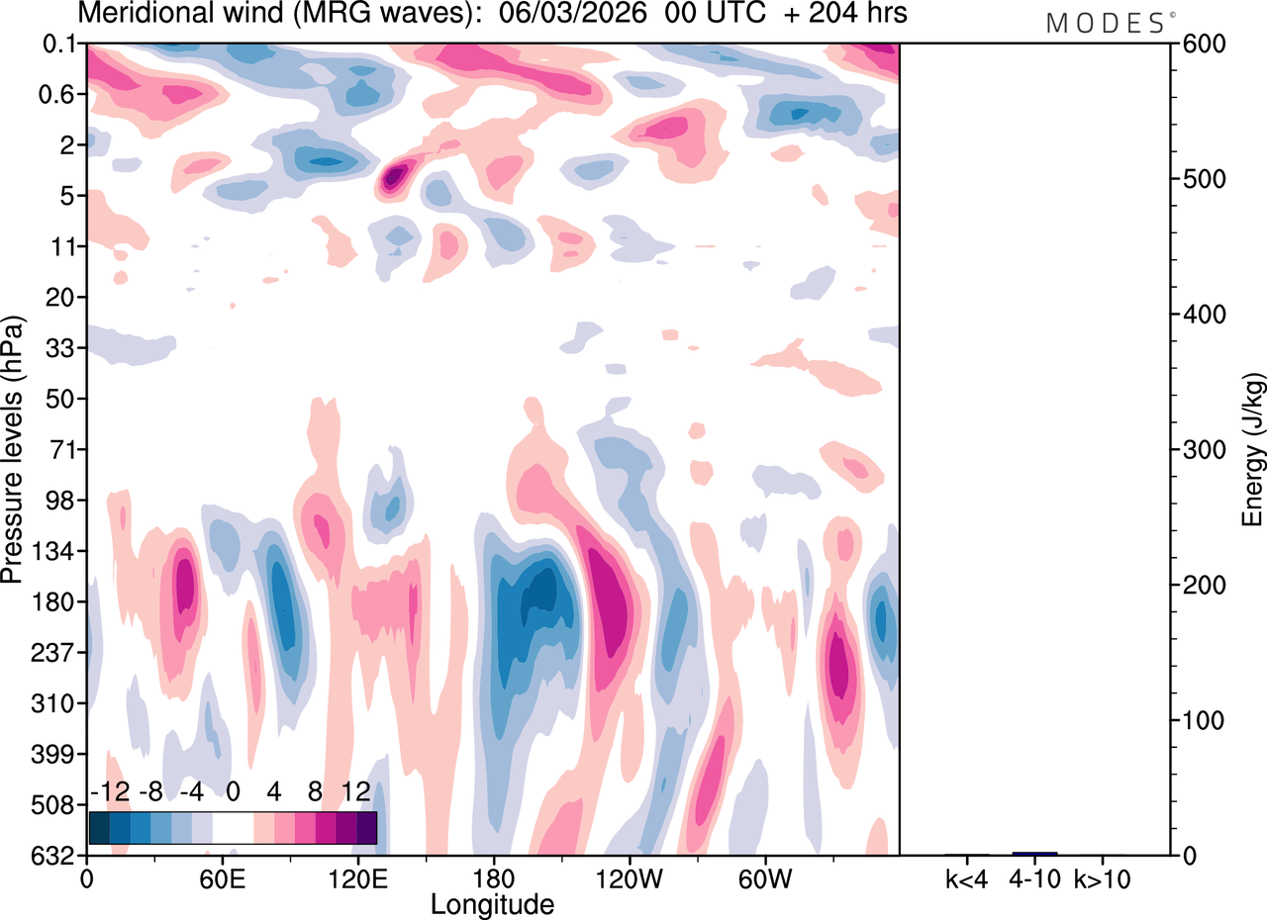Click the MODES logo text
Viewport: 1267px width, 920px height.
[1106, 23]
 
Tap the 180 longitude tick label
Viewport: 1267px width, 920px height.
[493, 878]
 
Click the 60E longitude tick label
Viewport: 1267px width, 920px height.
[222, 878]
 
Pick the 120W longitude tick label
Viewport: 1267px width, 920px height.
[628, 878]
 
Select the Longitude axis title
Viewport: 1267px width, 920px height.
[492, 903]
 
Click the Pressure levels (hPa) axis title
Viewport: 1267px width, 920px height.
[14, 450]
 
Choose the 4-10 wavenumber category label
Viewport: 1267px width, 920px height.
[1034, 878]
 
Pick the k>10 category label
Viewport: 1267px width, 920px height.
[1102, 878]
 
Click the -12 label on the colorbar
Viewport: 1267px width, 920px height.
[109, 792]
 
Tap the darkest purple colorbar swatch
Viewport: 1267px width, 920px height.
[366, 827]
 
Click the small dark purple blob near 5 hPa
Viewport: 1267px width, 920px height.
[395, 177]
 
